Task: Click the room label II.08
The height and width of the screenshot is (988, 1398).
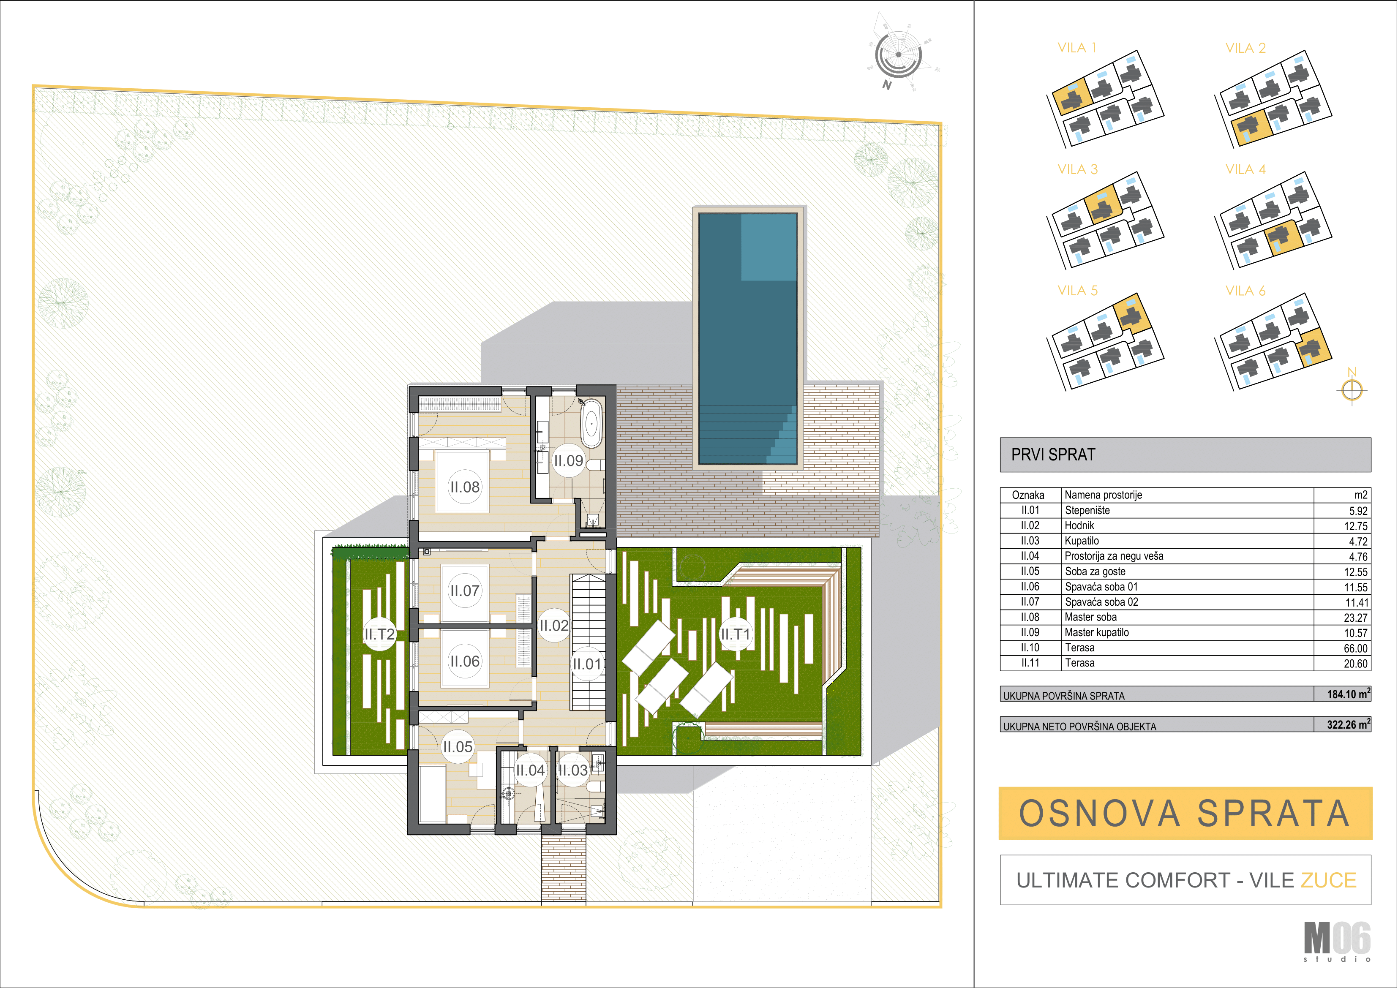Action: [465, 487]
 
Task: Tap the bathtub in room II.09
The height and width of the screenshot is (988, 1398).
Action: [591, 424]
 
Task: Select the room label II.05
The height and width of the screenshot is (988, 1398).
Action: [457, 746]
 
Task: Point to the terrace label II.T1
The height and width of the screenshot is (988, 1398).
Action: [736, 634]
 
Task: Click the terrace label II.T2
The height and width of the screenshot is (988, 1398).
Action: [380, 634]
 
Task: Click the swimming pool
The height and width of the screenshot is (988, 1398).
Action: [748, 338]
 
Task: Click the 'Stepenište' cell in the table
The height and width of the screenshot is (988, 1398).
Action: [1087, 511]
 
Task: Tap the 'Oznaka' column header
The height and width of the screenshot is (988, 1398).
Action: [1028, 495]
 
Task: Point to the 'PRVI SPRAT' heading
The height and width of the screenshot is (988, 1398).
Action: [1053, 455]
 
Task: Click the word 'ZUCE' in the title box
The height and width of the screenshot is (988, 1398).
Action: [1329, 880]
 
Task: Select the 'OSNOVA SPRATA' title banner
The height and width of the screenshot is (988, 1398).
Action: [1185, 813]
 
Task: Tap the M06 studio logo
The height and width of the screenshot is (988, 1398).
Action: [1337, 941]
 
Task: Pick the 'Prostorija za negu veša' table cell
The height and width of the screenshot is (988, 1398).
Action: [1114, 556]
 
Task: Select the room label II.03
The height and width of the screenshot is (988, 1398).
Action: [573, 770]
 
